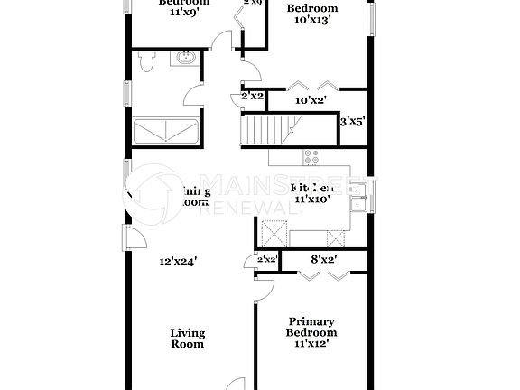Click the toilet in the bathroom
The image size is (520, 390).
click(146, 62)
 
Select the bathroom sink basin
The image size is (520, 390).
click(185, 60)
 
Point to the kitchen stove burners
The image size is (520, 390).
click(312, 157)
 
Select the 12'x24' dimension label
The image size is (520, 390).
click(178, 261)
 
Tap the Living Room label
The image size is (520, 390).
click(187, 338)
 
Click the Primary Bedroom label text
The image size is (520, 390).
click(311, 327)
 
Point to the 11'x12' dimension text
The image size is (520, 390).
click(311, 344)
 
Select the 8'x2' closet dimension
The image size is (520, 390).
click(323, 260)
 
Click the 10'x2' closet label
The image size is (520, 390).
click(311, 101)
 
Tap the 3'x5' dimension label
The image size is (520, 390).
click(351, 119)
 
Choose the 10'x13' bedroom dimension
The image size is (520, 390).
click(311, 22)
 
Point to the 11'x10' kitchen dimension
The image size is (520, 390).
click(311, 199)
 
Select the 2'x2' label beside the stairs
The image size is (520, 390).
click(252, 95)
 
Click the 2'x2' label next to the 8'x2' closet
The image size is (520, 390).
click(266, 260)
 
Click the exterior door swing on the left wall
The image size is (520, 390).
click(133, 238)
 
